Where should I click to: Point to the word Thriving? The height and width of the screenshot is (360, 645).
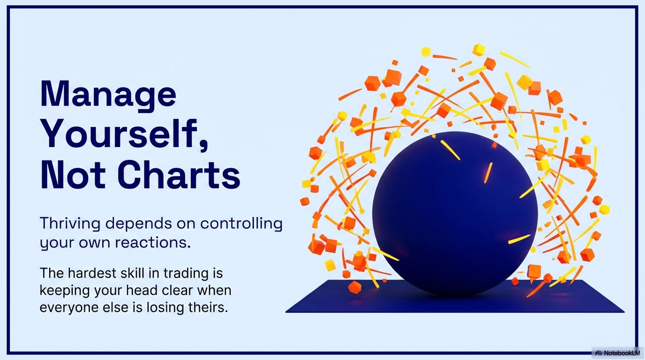(70, 224)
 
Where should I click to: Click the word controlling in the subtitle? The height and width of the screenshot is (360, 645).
(241, 224)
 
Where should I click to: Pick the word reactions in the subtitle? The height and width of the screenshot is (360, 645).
(153, 242)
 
